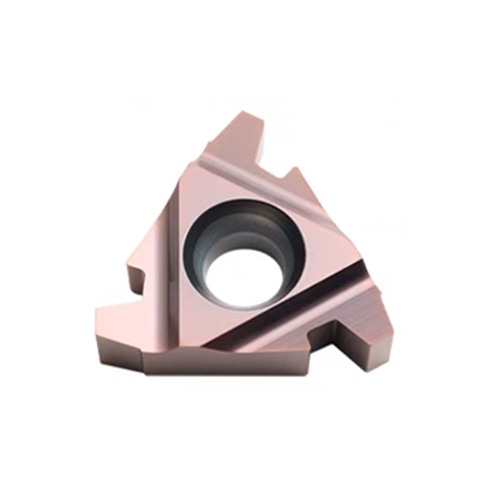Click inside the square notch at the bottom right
click(329, 341)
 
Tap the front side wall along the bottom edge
click(231, 365)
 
